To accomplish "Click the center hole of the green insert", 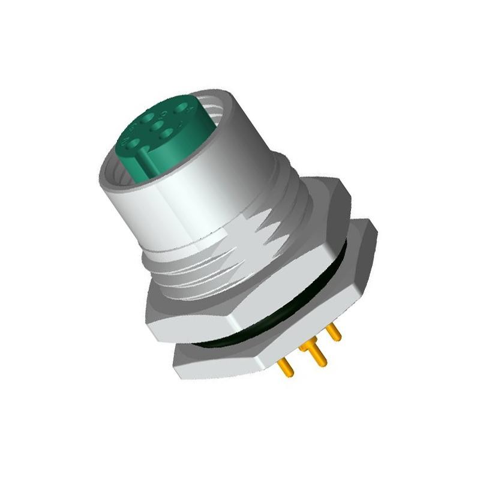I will tap(157, 125).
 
